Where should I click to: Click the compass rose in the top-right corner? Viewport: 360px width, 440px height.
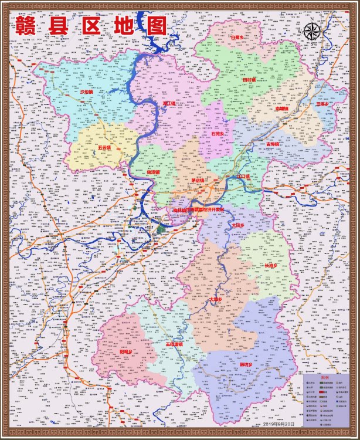pyautogui.click(x=313, y=30)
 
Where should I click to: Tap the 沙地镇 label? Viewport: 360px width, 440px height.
pyautogui.click(x=87, y=92)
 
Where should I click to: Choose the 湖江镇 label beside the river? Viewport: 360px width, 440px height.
pyautogui.click(x=169, y=103)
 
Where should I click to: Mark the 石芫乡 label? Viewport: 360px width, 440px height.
pyautogui.click(x=218, y=134)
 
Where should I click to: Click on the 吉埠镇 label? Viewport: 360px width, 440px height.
pyautogui.click(x=273, y=143)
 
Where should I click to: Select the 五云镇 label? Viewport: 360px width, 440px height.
pyautogui.click(x=104, y=147)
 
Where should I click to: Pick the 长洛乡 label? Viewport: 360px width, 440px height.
pyautogui.click(x=271, y=266)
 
